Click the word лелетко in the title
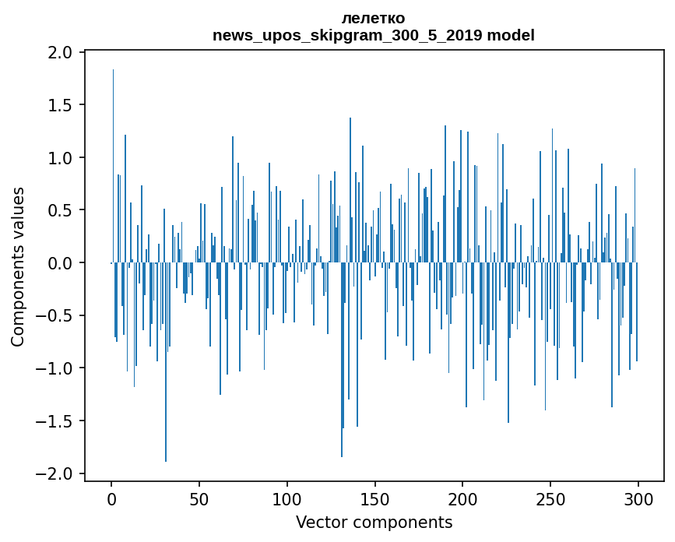pyautogui.click(x=373, y=19)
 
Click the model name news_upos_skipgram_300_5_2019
pyautogui.click(x=347, y=35)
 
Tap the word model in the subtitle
pyautogui.click(x=511, y=35)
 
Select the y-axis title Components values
pyautogui.click(x=18, y=267)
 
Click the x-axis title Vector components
pyautogui.click(x=374, y=523)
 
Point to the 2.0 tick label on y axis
pyautogui.click(x=60, y=52)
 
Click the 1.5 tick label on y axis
pyautogui.click(x=60, y=105)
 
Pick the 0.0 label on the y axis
pyautogui.click(x=60, y=263)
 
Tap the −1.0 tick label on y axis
pyautogui.click(x=54, y=368)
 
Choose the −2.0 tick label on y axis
pyautogui.click(x=54, y=473)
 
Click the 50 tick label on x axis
pyautogui.click(x=199, y=499)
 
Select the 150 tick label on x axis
pyautogui.click(x=374, y=499)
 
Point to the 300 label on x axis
pyautogui.click(x=638, y=499)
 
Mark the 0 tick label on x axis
pyautogui.click(x=111, y=499)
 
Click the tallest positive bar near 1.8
pyautogui.click(x=113, y=166)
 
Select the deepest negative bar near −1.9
pyautogui.click(x=166, y=362)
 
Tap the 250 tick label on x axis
pyautogui.click(x=550, y=499)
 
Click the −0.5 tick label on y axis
pyautogui.click(x=54, y=315)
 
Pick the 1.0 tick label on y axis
pyautogui.click(x=60, y=158)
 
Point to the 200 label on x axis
pyautogui.click(x=462, y=499)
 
